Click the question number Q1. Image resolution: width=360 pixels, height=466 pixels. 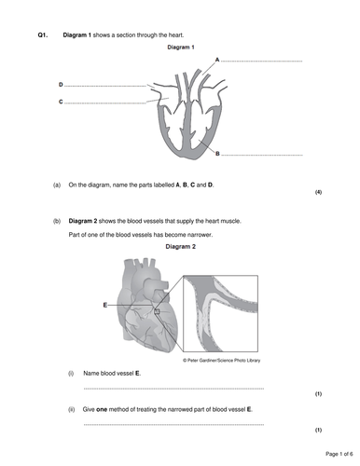pyautogui.click(x=43, y=35)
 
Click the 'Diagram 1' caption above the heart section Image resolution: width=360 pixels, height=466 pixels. pyautogui.click(x=181, y=48)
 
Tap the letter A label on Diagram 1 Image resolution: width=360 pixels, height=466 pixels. pyautogui.click(x=217, y=60)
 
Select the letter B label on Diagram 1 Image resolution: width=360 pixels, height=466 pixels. pyautogui.click(x=217, y=154)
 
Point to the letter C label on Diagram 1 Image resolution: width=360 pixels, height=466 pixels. pyautogui.click(x=61, y=102)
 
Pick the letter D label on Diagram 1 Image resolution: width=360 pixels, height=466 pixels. pyautogui.click(x=61, y=85)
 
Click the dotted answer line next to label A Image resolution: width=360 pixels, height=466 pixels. pyautogui.click(x=261, y=62)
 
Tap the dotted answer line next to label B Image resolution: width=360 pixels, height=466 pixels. pyautogui.click(x=262, y=155)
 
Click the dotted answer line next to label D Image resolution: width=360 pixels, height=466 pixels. pyautogui.click(x=105, y=86)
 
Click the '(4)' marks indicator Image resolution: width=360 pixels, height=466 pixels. pyautogui.click(x=318, y=192)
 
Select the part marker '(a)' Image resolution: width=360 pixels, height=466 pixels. pyautogui.click(x=57, y=185)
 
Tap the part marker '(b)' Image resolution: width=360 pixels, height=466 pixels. pyautogui.click(x=57, y=221)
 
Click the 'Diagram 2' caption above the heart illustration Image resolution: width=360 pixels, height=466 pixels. pyautogui.click(x=181, y=247)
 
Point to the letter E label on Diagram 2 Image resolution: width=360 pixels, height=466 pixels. pyautogui.click(x=105, y=305)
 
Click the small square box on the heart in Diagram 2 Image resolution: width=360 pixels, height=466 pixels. pyautogui.click(x=157, y=311)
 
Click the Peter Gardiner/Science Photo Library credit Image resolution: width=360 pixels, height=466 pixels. pyautogui.click(x=221, y=361)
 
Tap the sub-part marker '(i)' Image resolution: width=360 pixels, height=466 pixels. pyautogui.click(x=71, y=374)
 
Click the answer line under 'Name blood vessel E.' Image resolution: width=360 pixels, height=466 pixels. pyautogui.click(x=173, y=389)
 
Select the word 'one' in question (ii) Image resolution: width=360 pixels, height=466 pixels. pyautogui.click(x=102, y=409)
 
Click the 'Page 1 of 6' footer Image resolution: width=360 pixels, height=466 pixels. pyautogui.click(x=339, y=454)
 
